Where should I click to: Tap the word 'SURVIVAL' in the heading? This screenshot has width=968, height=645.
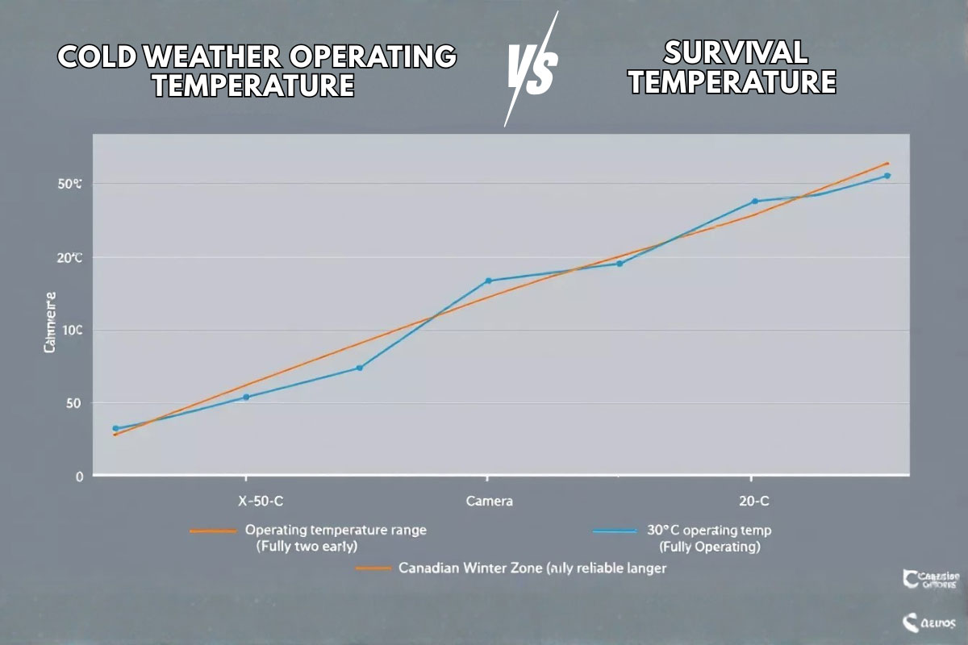734,53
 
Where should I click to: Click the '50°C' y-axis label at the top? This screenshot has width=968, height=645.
70,185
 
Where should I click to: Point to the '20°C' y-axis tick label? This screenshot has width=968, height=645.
69,258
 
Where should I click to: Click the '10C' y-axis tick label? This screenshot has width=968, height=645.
71,331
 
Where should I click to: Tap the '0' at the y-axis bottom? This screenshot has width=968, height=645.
79,476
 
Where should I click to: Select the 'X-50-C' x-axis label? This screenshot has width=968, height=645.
261,501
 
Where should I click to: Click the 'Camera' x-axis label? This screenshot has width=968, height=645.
489,501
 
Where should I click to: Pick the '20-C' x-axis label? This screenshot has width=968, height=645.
753,501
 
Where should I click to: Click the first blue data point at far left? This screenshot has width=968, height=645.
115,429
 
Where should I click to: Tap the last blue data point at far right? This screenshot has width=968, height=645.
887,176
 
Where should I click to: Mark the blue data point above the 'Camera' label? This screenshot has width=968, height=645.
488,281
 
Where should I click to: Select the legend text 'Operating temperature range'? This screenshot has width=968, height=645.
336,531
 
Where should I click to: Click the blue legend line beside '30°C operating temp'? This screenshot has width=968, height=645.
615,531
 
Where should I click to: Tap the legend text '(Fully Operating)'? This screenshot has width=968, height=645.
710,547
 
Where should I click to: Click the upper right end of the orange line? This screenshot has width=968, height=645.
887,164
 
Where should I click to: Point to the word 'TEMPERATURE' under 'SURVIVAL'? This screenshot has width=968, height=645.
732,82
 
